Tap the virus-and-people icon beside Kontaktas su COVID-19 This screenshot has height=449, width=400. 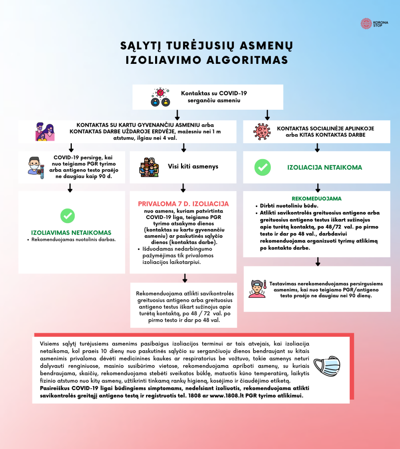point(160,97)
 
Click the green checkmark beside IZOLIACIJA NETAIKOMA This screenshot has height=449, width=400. point(262,167)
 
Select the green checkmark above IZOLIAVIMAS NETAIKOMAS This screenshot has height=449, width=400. point(67,216)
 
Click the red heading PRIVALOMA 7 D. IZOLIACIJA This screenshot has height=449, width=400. point(184,204)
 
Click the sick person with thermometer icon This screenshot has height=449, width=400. point(257,288)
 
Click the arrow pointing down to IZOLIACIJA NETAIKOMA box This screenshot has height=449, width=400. point(318,148)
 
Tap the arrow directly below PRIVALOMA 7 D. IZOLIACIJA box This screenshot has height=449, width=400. point(185,278)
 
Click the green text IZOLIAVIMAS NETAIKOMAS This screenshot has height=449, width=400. point(71,232)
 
